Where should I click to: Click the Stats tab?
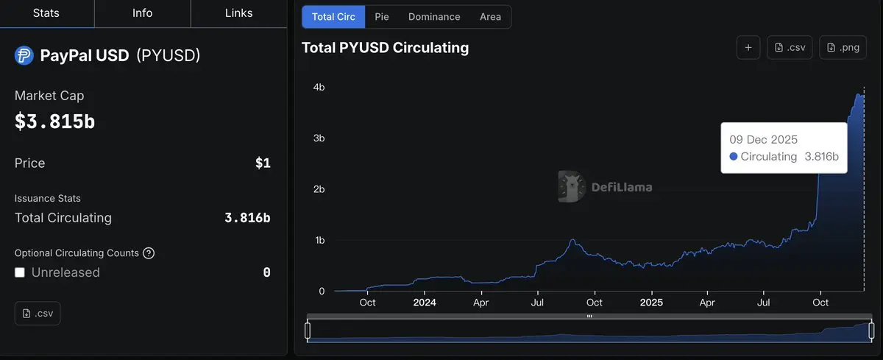(46, 13)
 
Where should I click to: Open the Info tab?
(142, 13)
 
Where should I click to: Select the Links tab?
(238, 13)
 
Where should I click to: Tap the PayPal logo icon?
(24, 56)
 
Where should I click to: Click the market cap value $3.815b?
(54, 121)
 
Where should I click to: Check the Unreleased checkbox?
(20, 272)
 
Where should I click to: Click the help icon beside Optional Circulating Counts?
(149, 253)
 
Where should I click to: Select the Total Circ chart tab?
(333, 17)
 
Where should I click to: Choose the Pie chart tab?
(382, 17)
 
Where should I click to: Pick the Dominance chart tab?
(434, 17)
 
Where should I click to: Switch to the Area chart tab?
(490, 17)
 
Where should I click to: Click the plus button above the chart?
(748, 48)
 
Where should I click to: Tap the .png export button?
(843, 48)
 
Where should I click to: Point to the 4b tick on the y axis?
(319, 88)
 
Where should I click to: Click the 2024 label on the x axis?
(425, 303)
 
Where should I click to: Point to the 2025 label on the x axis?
(651, 303)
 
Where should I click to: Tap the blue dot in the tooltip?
(733, 157)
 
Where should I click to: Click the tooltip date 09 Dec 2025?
(763, 139)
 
